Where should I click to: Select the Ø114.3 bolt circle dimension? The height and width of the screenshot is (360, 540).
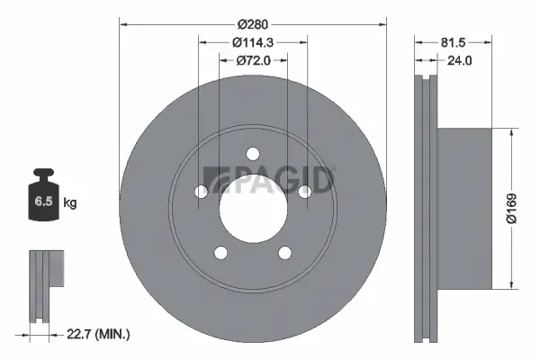[x=253, y=41]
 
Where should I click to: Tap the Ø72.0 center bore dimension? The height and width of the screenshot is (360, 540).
[x=253, y=60]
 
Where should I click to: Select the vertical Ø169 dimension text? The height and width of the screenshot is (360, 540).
[x=510, y=209]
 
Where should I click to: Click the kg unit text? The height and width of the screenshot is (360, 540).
[x=70, y=203]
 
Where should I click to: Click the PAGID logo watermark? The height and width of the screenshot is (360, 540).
[x=269, y=180]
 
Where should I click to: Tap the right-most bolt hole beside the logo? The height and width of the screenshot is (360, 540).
[x=304, y=190]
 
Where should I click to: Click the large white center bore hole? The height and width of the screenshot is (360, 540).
[x=253, y=202]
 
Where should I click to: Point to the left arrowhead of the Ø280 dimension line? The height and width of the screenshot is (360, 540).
[x=124, y=23]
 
